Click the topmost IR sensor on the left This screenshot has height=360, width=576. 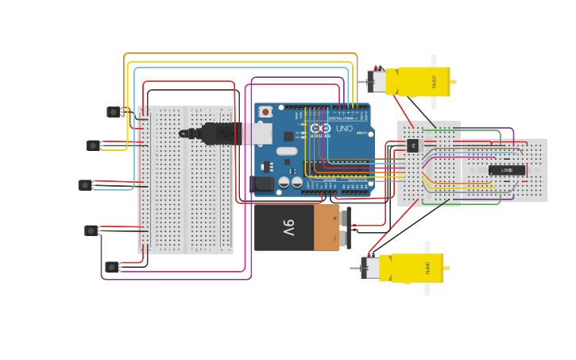click(114, 112)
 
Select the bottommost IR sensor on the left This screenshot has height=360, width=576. click(112, 267)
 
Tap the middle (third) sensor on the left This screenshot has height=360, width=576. click(85, 185)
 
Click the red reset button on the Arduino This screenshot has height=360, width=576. click(265, 112)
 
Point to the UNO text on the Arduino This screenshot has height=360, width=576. click(344, 128)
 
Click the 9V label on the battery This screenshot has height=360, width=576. click(288, 228)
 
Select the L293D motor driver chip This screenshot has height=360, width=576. click(506, 170)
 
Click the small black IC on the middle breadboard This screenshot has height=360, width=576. click(412, 145)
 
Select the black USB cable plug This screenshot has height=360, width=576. click(215, 134)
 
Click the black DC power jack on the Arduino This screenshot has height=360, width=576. click(262, 184)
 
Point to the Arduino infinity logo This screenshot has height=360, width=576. click(320, 128)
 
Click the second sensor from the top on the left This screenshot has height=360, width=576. click(94, 145)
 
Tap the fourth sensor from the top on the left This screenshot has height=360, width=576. click(91, 230)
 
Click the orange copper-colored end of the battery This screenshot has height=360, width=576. click(326, 228)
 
